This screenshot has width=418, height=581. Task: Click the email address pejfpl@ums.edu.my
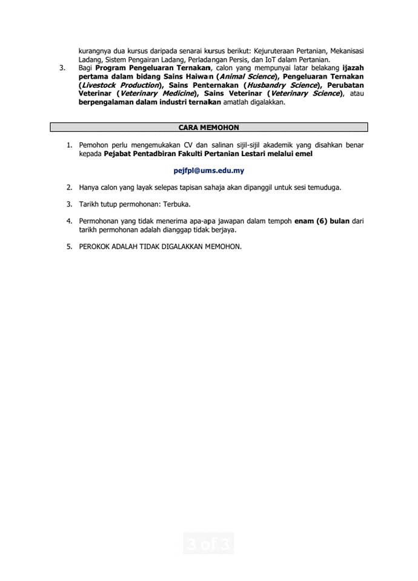click(208, 171)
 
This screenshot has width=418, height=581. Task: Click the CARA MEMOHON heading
click(208, 128)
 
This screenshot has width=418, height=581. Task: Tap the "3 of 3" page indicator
click(208, 544)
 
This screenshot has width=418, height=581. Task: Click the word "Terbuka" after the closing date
click(173, 204)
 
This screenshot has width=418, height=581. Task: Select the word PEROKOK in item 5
click(95, 246)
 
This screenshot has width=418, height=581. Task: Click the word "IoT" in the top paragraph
click(270, 59)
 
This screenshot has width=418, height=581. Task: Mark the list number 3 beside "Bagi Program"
click(63, 68)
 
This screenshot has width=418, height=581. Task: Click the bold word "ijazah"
click(353, 68)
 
